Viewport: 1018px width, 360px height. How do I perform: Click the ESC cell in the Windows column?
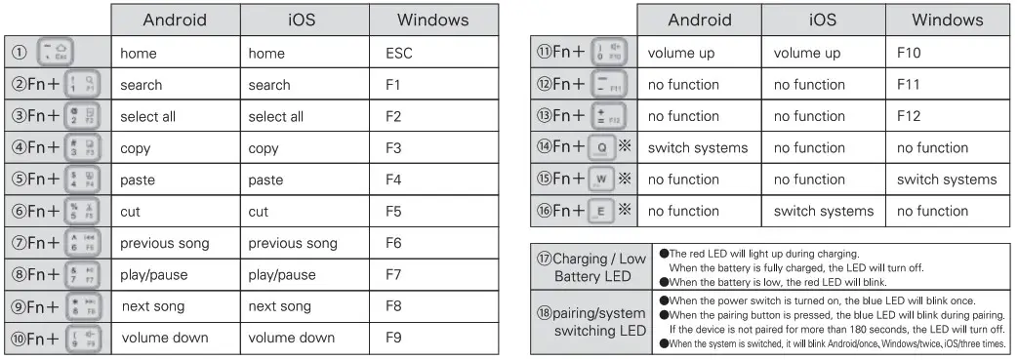point(399,54)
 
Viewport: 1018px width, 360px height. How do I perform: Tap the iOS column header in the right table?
point(824,20)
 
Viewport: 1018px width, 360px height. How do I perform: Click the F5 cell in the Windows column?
point(394,211)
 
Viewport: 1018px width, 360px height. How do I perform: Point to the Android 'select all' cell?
point(147,117)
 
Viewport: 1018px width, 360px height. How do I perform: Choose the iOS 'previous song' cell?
point(292,243)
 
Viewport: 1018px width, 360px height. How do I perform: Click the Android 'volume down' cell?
point(164,339)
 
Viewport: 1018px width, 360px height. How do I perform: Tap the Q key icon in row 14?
point(601,148)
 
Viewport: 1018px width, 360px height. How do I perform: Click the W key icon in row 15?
point(601,180)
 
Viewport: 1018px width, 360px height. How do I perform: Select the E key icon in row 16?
point(601,211)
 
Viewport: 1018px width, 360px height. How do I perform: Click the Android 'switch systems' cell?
point(698,148)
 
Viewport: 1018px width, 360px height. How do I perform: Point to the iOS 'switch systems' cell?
point(821,211)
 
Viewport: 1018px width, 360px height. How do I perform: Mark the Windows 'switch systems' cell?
point(947,180)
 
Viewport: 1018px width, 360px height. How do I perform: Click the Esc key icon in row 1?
point(55,54)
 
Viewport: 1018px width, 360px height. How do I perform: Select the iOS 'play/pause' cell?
point(282,275)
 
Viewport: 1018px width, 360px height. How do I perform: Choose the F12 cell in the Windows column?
point(911,117)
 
